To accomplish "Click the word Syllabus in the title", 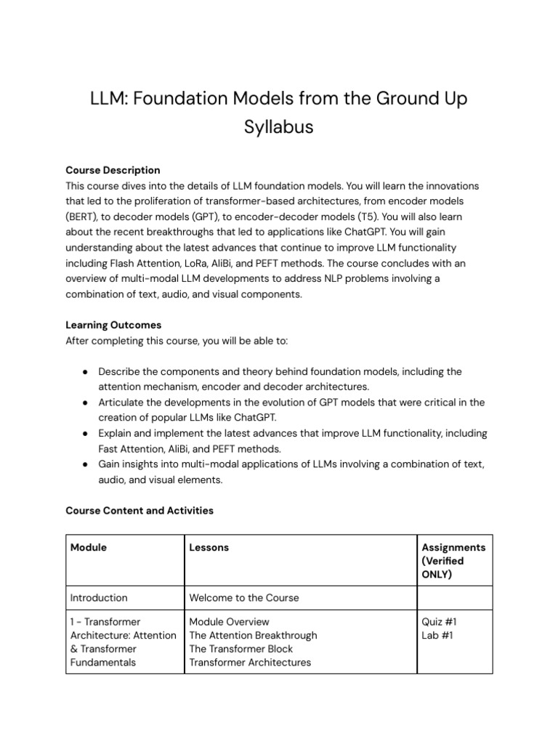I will click(278, 126).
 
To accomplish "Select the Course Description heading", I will click(113, 170).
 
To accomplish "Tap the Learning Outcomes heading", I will click(113, 325).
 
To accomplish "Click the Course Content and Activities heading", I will click(139, 511).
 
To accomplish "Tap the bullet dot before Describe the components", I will click(85, 371).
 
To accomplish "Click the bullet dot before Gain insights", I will click(85, 464).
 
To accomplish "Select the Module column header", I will click(88, 547).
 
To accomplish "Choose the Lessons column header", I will click(209, 547).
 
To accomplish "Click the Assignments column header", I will click(453, 547).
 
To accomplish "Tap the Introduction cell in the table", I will click(99, 598).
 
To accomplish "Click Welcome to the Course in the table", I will click(243, 598).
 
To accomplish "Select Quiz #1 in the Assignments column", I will click(439, 622).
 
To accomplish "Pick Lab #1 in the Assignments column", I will click(437, 635).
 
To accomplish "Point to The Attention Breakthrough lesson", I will click(253, 635).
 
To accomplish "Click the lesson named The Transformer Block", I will click(240, 649).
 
